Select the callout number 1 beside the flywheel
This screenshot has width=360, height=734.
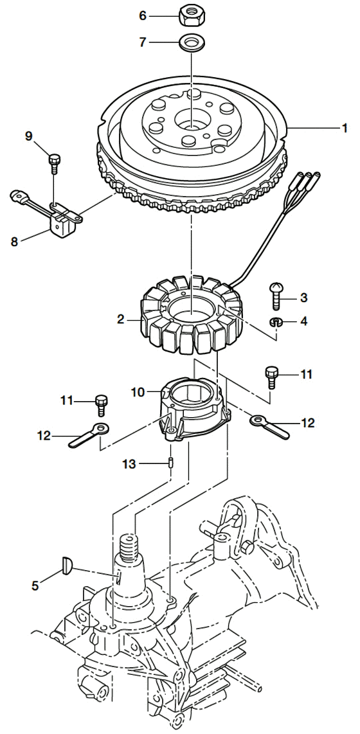345,128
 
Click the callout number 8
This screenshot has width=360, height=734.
15,242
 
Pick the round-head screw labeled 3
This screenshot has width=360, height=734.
276,296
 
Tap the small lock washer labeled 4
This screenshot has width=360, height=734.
276,322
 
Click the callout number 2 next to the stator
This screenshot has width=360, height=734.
121,319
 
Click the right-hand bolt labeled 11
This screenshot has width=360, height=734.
271,377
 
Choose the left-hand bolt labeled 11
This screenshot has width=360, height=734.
101,405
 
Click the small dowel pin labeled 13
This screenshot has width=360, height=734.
172,463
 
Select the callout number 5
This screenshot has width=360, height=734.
35,585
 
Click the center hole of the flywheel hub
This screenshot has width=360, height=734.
192,121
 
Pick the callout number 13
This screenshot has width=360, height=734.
129,464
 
